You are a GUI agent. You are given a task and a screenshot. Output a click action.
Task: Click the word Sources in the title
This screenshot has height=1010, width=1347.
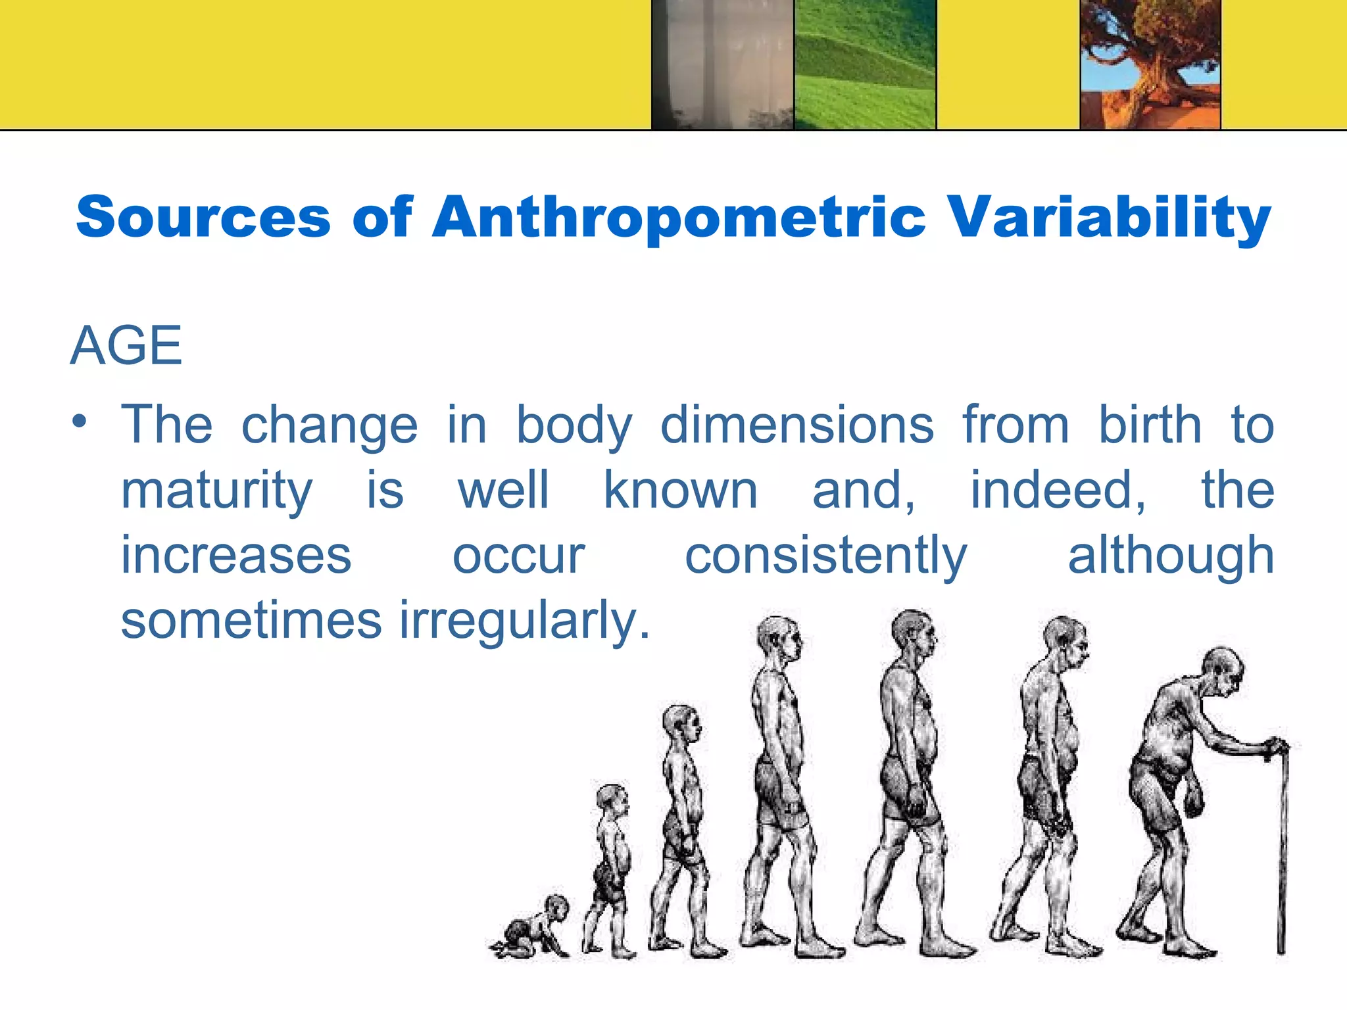203,217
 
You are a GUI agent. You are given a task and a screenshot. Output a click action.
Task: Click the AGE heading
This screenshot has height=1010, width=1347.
126,346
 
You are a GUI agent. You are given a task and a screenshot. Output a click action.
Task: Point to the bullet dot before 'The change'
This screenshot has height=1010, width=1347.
80,421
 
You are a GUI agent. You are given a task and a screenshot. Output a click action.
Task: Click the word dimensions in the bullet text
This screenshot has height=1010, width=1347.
797,425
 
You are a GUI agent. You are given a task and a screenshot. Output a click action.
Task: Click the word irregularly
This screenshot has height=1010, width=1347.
524,621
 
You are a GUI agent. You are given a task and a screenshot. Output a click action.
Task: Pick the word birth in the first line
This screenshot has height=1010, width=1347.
1150,425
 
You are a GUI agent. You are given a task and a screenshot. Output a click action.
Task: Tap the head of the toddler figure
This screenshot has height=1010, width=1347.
612,799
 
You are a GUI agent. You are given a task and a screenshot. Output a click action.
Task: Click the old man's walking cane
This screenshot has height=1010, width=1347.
1281,848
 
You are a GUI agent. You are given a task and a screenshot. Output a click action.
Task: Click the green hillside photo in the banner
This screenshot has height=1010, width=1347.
865,64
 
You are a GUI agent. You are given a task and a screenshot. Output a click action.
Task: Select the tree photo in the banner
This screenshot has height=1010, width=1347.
1150,64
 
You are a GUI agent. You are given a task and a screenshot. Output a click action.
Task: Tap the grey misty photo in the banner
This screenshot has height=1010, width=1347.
723,64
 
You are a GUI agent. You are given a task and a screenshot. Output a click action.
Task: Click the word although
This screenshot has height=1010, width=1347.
1171,556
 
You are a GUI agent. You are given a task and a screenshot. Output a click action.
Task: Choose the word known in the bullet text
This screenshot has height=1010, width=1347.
681,491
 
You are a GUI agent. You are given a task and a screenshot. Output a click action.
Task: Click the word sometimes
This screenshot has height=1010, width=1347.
251,621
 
